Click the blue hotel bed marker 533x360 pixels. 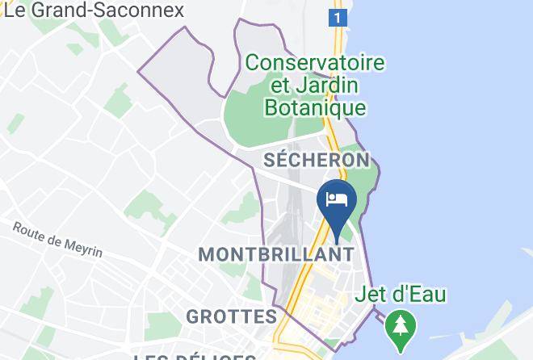(x=337, y=201)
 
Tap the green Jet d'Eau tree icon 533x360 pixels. (x=398, y=325)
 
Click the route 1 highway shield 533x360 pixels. (x=337, y=17)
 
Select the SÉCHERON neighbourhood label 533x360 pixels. (x=317, y=160)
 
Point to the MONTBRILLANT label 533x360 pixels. (x=276, y=253)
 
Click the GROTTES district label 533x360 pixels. (x=231, y=316)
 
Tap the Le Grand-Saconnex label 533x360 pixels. (x=94, y=10)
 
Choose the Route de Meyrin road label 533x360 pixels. (x=57, y=239)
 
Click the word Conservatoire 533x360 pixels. (x=315, y=62)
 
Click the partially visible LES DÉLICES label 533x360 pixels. (x=195, y=356)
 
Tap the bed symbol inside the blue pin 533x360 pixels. (x=337, y=197)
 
